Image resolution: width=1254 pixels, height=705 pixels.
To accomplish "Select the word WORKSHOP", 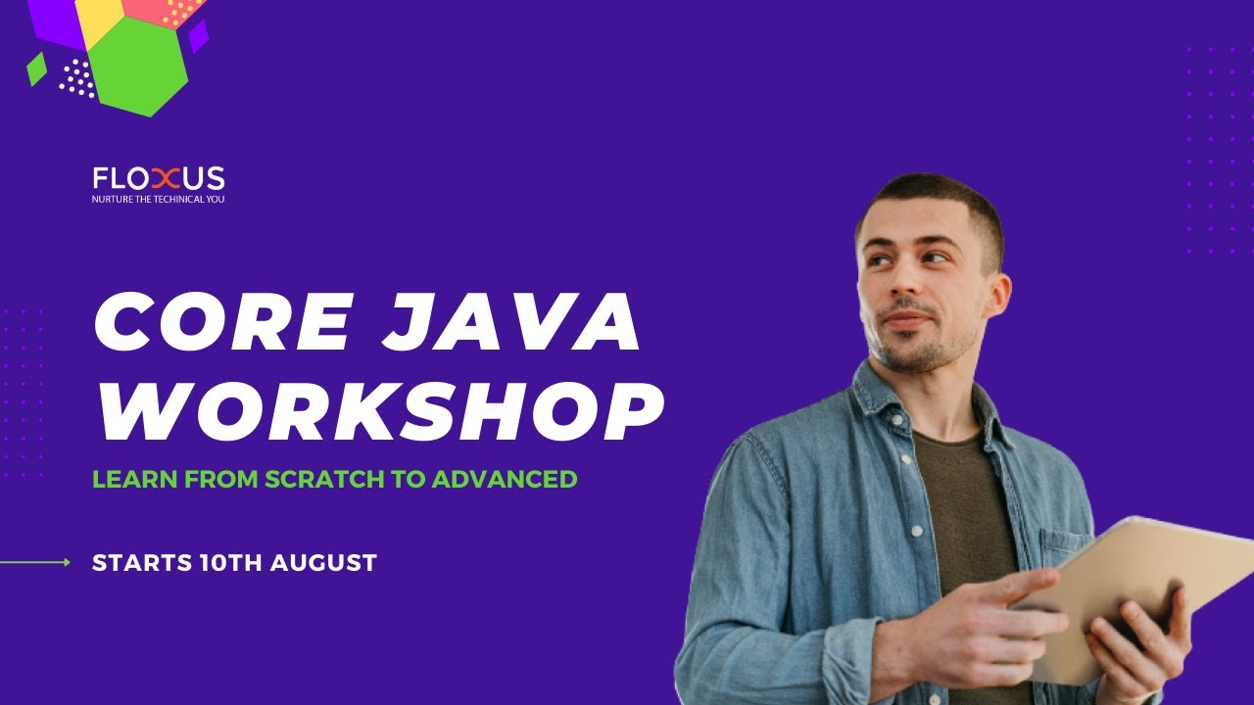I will point(379,412).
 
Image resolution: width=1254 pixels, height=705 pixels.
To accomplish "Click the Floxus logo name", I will point(159,178).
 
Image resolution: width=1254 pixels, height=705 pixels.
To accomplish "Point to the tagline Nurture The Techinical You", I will point(159,199).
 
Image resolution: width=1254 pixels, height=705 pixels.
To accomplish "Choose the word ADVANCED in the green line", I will point(505,480).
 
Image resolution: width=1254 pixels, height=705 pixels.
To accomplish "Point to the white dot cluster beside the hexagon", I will point(77,78).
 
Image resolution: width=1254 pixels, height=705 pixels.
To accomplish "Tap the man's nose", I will point(902,289).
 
